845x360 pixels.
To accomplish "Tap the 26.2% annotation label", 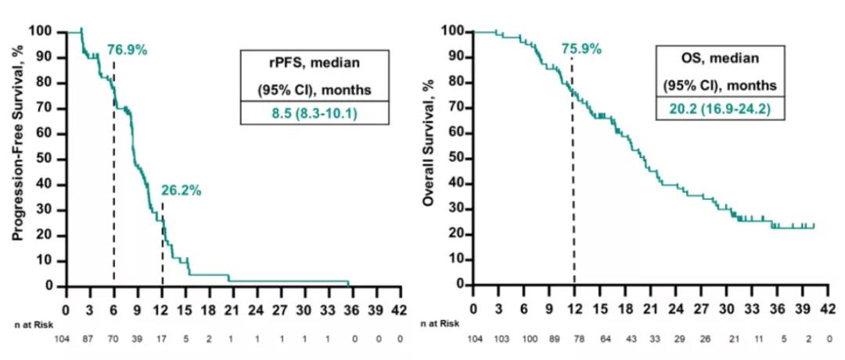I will click(x=182, y=189).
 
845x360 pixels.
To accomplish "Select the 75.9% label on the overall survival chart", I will click(x=581, y=49).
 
